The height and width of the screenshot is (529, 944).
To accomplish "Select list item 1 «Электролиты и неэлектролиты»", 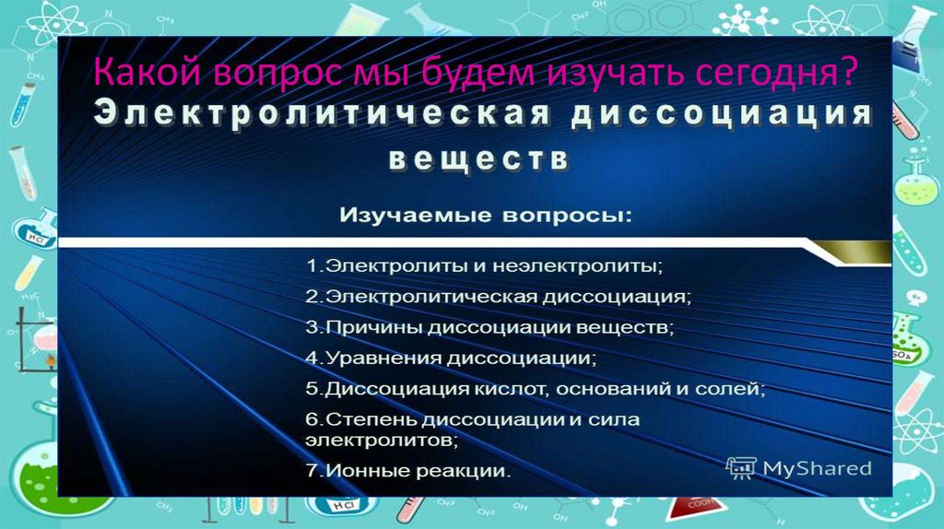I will (485, 266).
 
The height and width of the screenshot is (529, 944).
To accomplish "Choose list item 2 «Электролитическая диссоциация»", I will (499, 297).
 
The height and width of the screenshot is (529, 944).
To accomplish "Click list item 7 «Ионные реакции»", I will (407, 471).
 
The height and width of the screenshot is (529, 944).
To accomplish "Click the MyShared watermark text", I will (816, 468).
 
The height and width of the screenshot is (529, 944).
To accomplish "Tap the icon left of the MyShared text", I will (740, 468).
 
